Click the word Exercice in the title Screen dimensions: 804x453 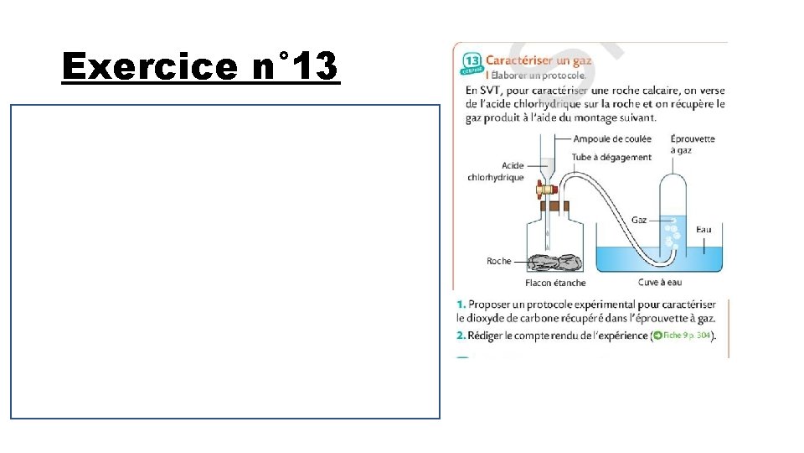coord(153,65)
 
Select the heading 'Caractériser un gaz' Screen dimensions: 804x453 coord(539,61)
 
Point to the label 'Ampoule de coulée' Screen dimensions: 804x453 coord(612,139)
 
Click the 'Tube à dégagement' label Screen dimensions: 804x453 coord(611,157)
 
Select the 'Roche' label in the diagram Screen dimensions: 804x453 coord(498,261)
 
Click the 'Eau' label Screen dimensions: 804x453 coord(704,228)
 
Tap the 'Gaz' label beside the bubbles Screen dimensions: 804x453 coord(639,220)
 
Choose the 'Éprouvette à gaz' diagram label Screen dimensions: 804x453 coord(693,144)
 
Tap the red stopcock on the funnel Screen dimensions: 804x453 coord(544,190)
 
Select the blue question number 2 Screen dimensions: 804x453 coord(460,336)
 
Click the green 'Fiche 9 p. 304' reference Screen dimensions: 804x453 coord(683,336)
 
